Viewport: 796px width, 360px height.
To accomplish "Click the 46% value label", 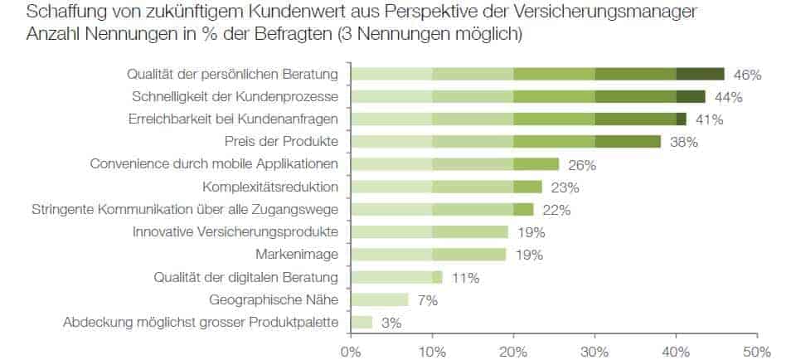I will click(748, 75).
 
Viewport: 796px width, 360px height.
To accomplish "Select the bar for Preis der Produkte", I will click(506, 142).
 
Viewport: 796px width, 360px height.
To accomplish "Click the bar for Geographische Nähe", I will click(380, 299).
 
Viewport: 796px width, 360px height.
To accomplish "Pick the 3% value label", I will click(391, 323).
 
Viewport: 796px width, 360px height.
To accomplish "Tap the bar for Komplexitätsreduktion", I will click(446, 187).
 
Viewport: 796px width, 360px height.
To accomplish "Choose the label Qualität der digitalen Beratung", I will click(247, 277).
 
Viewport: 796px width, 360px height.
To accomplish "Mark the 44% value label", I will click(729, 97).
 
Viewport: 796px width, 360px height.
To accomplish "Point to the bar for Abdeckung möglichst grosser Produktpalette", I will click(362, 322).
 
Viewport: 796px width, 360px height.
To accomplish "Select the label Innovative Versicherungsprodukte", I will click(235, 231).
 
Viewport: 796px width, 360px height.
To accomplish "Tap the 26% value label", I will click(582, 165).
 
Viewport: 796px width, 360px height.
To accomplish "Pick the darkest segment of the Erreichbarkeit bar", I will click(682, 119).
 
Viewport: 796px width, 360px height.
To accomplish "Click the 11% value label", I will click(465, 278).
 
